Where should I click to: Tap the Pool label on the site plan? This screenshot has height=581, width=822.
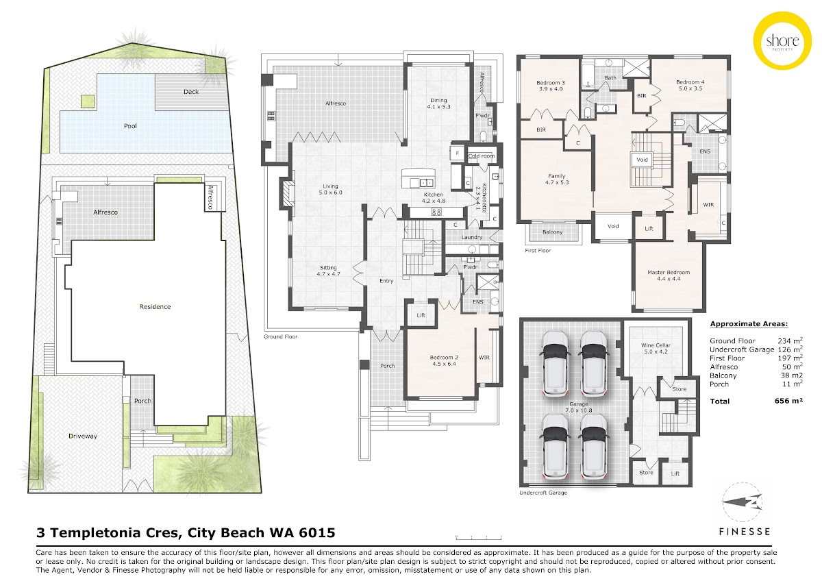130,126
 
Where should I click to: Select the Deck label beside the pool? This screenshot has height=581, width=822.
191,92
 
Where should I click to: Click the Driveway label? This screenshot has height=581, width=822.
83,436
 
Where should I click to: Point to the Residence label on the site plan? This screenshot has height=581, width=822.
155,306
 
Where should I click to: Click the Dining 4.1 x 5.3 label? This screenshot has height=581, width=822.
438,103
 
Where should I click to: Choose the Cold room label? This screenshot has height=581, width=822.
481,156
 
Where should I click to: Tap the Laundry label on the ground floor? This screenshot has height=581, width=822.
472,237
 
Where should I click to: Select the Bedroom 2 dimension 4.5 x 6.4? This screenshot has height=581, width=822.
444,364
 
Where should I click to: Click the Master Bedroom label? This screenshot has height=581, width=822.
669,272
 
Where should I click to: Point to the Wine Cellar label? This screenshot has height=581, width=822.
656,345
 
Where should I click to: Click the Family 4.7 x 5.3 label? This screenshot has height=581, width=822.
557,179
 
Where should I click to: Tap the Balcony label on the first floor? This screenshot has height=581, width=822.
552,232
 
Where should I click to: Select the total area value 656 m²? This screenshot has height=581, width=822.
788,400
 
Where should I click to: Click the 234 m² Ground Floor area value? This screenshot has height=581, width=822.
790,341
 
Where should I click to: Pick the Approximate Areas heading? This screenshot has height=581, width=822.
749,323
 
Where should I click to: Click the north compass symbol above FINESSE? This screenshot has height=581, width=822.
743,502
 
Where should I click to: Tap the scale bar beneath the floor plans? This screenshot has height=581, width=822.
479,538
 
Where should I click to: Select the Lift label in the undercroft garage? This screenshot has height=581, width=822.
675,473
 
